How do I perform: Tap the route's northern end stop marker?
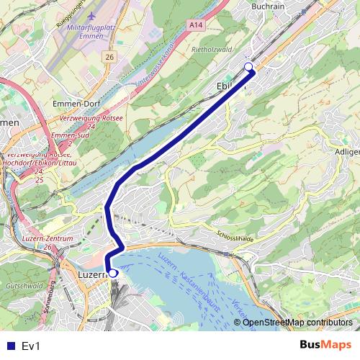click(x=249, y=67)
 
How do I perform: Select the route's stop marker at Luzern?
click(x=113, y=274)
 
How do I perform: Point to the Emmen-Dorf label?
click(x=76, y=104)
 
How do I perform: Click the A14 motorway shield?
click(x=194, y=24)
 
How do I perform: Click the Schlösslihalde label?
click(x=235, y=236)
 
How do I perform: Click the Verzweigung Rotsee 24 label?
click(x=91, y=121)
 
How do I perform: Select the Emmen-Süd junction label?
click(x=69, y=135)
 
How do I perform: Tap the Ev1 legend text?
click(x=31, y=346)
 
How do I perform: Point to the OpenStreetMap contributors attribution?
click(x=297, y=323)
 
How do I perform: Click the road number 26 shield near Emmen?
click(x=109, y=57)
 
